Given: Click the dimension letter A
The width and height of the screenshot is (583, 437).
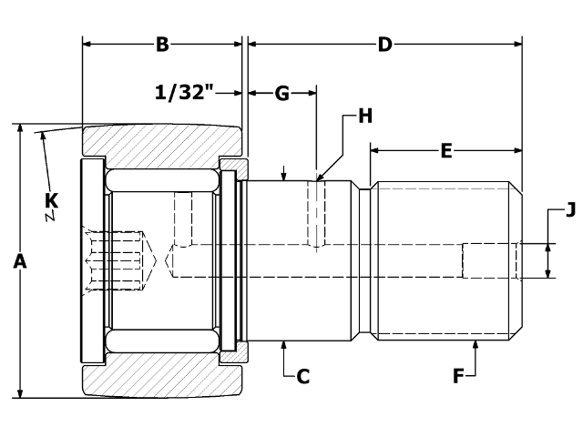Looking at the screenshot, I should pyautogui.click(x=19, y=261).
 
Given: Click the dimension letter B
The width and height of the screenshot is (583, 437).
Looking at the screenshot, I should pyautogui.click(x=162, y=44).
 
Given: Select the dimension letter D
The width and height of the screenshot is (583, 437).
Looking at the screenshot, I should pyautogui.click(x=384, y=44).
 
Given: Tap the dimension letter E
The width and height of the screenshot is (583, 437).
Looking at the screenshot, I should pyautogui.click(x=445, y=151).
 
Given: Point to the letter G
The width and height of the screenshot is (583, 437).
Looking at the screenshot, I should pyautogui.click(x=281, y=93).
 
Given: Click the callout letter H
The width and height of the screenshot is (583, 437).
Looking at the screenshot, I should pyautogui.click(x=365, y=116).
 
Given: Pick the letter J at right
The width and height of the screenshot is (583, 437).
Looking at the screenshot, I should pyautogui.click(x=571, y=211).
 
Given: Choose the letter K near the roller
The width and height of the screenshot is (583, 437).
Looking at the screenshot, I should pyautogui.click(x=51, y=198).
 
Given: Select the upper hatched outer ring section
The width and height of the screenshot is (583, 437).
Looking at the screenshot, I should pyautogui.click(x=162, y=141).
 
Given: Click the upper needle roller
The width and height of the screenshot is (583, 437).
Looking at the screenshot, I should pyautogui.click(x=162, y=180).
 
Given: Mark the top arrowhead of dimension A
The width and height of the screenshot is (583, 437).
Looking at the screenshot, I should pyautogui.click(x=19, y=130).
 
